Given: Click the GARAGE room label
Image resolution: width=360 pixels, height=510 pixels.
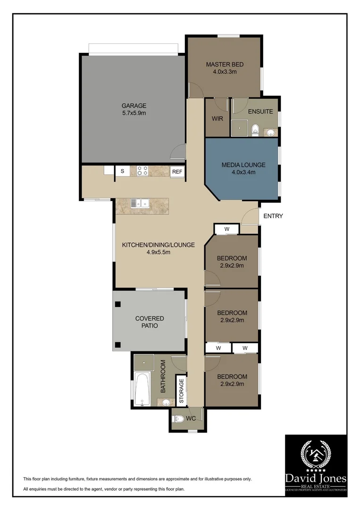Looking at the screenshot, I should coord(134,106).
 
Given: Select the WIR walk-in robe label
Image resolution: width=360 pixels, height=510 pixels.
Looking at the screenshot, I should coord(217,119).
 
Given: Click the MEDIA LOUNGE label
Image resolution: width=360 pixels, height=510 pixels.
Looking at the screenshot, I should coord(243,165).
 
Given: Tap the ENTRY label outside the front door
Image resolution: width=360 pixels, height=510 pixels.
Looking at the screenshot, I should coord(273,216).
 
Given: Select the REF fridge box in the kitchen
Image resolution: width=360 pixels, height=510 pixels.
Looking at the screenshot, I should coord(177,172).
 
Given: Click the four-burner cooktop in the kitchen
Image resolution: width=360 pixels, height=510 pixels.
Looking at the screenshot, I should coord(142,171).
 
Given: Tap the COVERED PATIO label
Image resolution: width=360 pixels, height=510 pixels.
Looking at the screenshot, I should coord(150,322).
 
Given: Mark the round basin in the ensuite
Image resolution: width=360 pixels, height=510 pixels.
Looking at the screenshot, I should coord(271,133).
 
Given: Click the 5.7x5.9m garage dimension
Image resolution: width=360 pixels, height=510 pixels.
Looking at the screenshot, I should coord(134,114).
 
